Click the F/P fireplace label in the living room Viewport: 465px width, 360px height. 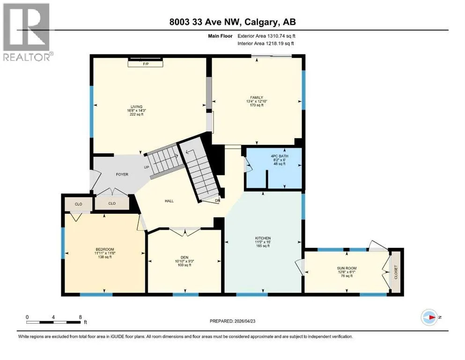click(146, 64)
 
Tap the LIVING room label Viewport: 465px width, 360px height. click(136, 106)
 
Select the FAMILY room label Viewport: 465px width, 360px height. click(257, 97)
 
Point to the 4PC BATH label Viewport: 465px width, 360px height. click(280, 156)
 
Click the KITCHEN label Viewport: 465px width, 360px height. click(263, 238)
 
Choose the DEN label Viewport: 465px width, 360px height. click(185, 257)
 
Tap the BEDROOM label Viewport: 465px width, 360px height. click(105, 249)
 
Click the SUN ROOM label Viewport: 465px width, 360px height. click(347, 268)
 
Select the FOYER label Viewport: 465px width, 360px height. click(122, 174)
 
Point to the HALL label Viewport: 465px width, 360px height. click(169, 201)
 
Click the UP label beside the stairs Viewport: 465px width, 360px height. click(147, 167)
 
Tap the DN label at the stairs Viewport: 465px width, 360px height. click(217, 200)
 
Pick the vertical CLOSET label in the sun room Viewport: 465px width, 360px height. click(396, 272)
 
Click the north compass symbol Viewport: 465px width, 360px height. click(429, 317)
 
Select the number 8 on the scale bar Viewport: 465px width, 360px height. click(80, 317)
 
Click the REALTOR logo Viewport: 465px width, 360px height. click(27, 32)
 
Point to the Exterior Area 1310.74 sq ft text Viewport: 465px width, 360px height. click(266, 36)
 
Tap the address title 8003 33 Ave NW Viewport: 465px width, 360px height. click(206, 22)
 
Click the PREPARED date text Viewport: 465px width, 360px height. click(232, 321)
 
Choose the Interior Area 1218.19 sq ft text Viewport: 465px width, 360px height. click(266, 43)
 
